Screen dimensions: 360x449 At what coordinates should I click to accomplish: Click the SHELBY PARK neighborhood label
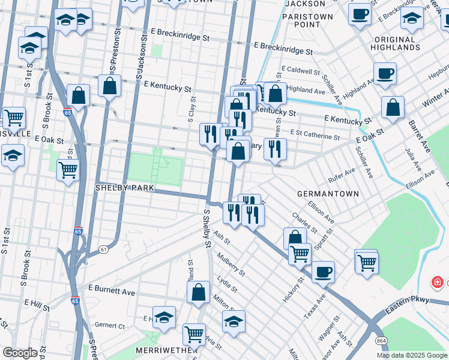125,188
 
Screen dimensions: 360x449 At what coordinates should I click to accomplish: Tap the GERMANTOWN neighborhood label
328,194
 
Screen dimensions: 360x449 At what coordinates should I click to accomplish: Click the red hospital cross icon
438,282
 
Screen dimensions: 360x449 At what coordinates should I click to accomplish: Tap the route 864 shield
382,340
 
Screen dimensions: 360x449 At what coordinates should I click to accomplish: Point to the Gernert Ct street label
109,325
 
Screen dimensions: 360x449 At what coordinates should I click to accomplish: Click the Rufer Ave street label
342,175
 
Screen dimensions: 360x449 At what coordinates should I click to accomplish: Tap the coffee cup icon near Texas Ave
323,271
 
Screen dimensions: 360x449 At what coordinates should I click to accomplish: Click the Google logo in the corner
19,353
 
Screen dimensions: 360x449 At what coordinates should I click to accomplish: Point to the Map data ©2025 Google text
412,355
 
